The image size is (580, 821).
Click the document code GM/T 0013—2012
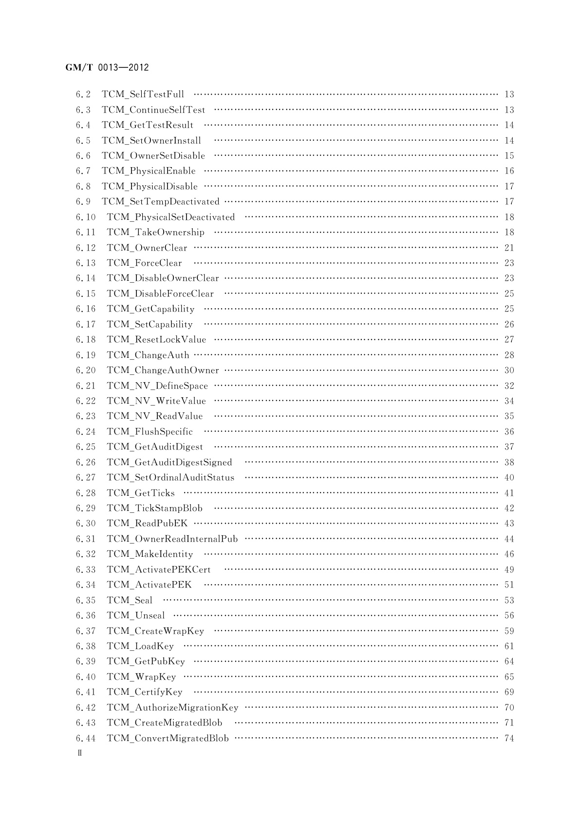[107, 68]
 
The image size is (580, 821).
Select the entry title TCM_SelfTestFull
[143, 94]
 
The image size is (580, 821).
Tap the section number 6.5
[83, 140]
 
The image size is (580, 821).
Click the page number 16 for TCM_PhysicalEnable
[509, 171]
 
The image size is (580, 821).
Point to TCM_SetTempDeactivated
[160, 201]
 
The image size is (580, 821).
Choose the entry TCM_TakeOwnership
[155, 232]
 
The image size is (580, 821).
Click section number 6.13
[86, 263]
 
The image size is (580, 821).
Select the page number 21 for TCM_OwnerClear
[509, 248]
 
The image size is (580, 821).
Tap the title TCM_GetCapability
[150, 309]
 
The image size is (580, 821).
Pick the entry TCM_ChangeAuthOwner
[163, 370]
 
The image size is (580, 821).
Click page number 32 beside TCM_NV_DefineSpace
[509, 386]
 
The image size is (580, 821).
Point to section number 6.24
[86, 431]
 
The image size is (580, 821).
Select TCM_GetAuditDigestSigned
[169, 462]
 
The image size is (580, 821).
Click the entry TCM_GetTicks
[140, 493]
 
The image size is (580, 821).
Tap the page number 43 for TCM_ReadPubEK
[509, 523]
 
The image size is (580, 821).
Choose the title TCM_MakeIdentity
[150, 554]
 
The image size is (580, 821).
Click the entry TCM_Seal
[130, 600]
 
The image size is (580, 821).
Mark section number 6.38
[86, 646]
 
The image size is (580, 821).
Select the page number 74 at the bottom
[509, 738]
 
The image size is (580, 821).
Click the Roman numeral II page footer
[80, 753]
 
